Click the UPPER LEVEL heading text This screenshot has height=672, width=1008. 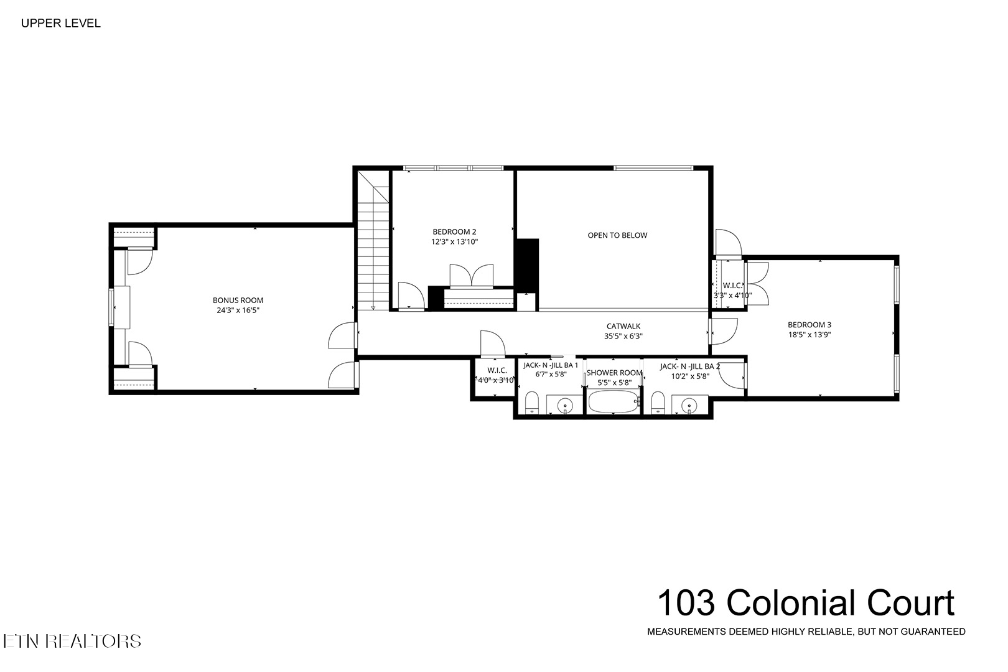click(60, 24)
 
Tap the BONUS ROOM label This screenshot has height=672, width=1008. click(238, 300)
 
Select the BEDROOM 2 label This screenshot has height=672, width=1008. click(454, 232)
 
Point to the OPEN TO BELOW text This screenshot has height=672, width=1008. click(617, 235)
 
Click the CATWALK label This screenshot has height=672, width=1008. click(623, 326)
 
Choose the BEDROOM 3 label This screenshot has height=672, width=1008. click(809, 324)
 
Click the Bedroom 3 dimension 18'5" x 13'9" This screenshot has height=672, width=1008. click(809, 334)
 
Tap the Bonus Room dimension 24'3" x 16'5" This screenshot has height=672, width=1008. click(238, 309)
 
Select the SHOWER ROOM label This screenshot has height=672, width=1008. click(614, 373)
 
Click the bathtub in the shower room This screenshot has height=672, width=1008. click(614, 402)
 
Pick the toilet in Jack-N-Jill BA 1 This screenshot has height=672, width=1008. click(531, 403)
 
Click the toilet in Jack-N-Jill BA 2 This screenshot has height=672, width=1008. click(658, 403)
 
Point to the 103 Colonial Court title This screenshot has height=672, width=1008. click(805, 603)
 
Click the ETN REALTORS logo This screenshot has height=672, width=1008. click(72, 641)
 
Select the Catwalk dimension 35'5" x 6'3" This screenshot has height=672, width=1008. click(623, 336)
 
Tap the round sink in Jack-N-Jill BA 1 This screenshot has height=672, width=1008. click(565, 406)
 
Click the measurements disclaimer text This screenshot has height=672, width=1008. click(806, 632)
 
